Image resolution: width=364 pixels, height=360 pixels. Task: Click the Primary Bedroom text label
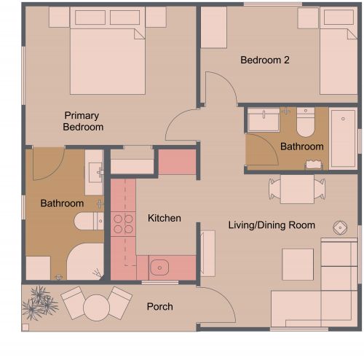click(82, 121)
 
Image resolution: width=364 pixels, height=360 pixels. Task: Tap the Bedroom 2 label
click(265, 60)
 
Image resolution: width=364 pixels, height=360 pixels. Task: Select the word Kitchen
click(164, 218)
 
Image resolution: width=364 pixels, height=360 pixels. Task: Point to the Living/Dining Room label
click(272, 225)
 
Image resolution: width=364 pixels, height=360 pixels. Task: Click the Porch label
click(159, 307)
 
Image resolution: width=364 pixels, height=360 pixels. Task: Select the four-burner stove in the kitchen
click(123, 223)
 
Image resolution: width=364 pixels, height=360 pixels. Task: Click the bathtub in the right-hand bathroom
click(342, 138)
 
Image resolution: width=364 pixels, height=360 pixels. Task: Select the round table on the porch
click(95, 307)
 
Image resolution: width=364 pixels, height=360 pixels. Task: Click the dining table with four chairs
click(297, 189)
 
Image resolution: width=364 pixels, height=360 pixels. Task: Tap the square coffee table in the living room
click(298, 264)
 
